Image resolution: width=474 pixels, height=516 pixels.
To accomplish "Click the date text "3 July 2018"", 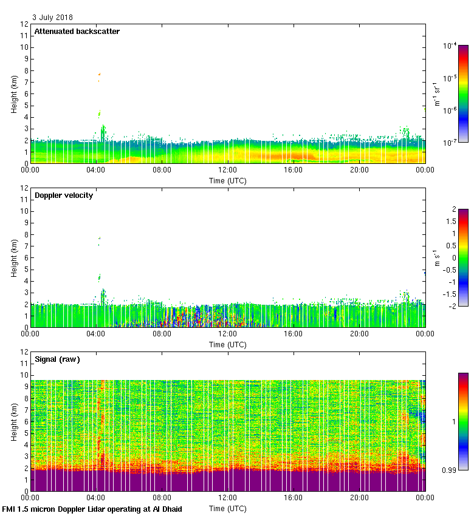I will pyautogui.click(x=52, y=18).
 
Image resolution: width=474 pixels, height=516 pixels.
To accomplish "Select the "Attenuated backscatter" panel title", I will pyautogui.click(x=77, y=32).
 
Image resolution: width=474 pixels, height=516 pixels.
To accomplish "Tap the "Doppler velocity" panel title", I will pyautogui.click(x=64, y=195).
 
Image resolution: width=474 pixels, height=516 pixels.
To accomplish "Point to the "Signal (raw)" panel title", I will pyautogui.click(x=57, y=359).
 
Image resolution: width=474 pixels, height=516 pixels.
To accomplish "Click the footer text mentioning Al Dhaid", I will pyautogui.click(x=92, y=509).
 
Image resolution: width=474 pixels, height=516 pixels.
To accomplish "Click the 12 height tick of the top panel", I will pyautogui.click(x=24, y=24).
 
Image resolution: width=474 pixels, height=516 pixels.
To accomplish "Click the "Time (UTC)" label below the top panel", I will pyautogui.click(x=228, y=181).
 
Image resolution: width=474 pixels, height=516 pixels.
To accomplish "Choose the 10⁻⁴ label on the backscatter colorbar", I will pyautogui.click(x=450, y=46).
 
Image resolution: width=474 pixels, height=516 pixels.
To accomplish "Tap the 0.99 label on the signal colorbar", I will pyautogui.click(x=450, y=470).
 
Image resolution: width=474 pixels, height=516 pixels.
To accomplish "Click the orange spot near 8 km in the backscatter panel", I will pyautogui.click(x=99, y=74).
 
